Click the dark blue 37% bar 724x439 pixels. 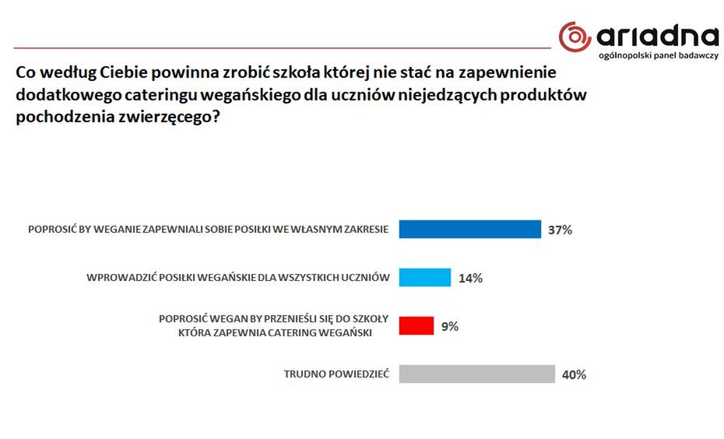pos(469,229)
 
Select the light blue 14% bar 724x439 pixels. pos(425,277)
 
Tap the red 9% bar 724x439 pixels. pos(416,325)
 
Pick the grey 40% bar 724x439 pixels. pos(476,374)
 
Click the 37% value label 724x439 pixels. pos(560,230)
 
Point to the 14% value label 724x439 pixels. pos(470,278)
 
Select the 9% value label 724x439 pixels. pos(449,326)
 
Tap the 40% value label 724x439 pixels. pos(573,374)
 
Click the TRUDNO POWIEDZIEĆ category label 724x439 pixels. pos(336,374)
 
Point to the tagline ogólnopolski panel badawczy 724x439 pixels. pos(659,58)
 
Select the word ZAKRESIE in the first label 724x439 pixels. pos(362,230)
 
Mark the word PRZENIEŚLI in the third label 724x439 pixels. pos(296,319)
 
